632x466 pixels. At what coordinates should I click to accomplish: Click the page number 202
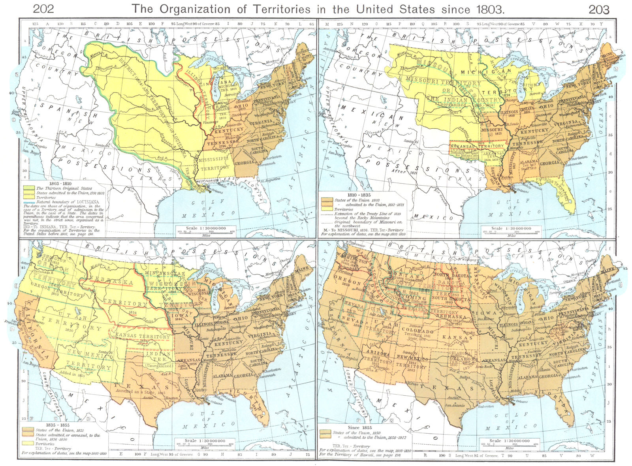[43, 9]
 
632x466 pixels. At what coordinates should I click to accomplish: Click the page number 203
[599, 9]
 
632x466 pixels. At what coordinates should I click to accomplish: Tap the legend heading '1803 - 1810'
[60, 184]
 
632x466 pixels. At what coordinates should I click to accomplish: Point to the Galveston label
[486, 406]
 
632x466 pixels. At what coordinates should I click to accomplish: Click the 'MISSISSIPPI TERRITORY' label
[213, 163]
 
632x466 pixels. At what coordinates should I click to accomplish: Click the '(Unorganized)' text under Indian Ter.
[158, 366]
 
